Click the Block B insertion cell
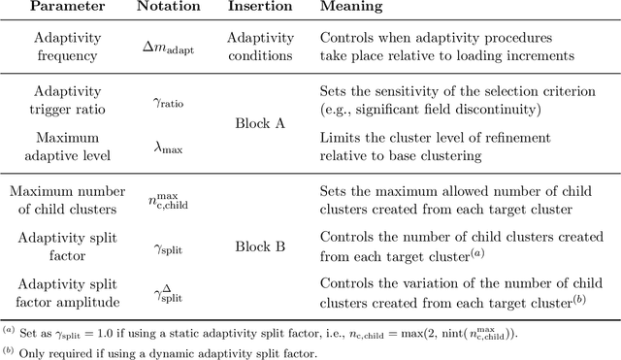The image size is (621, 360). [260, 246]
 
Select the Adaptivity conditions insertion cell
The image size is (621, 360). [260, 47]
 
